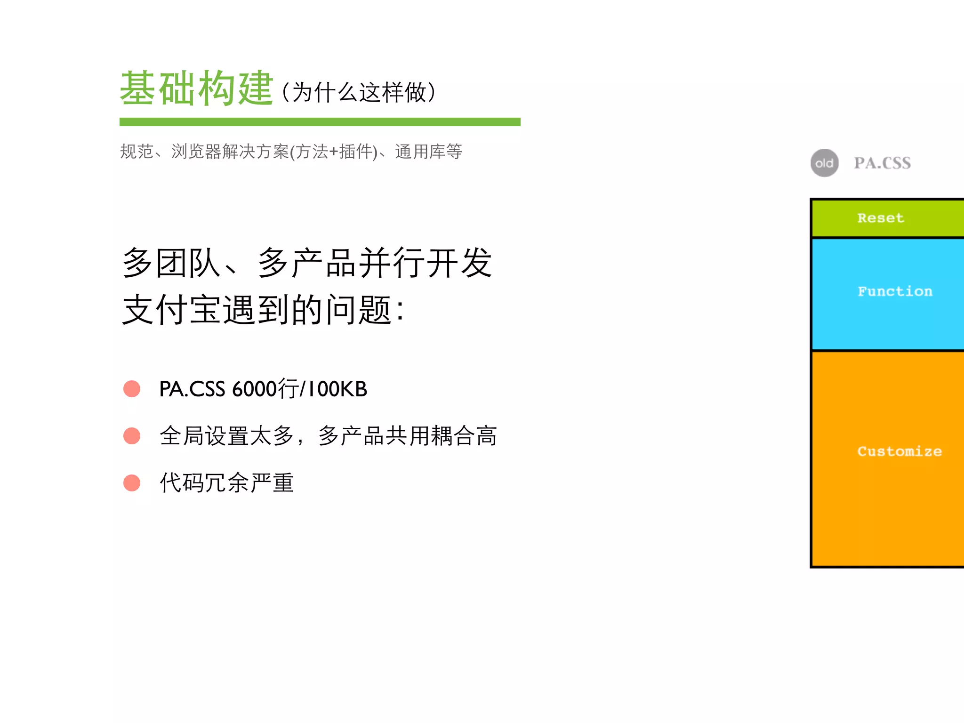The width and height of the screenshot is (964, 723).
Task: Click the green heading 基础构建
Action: pyautogui.click(x=196, y=88)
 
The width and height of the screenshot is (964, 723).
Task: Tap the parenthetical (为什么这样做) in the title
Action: pyautogui.click(x=359, y=92)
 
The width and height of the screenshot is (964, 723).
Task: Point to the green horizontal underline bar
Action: pyautogui.click(x=320, y=122)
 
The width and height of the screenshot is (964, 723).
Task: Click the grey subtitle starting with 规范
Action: pyautogui.click(x=291, y=152)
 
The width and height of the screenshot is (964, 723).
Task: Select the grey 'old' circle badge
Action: pyautogui.click(x=824, y=163)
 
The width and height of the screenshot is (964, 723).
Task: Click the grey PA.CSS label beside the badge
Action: pyautogui.click(x=882, y=163)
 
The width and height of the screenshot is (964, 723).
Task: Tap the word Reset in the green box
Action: pyautogui.click(x=880, y=218)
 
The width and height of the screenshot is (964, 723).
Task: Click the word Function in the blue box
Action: pyautogui.click(x=895, y=291)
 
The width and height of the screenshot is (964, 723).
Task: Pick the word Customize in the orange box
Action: pyautogui.click(x=899, y=451)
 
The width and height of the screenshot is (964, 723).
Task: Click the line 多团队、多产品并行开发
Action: pyautogui.click(x=307, y=263)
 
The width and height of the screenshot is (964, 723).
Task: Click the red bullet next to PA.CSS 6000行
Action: pyautogui.click(x=132, y=389)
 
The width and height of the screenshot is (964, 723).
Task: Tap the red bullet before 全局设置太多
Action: pyautogui.click(x=132, y=436)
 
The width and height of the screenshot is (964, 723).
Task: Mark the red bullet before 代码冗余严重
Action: pyautogui.click(x=132, y=483)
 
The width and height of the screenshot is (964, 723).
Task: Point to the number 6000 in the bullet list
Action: pyautogui.click(x=255, y=389)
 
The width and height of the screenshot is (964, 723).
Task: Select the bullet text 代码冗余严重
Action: pyautogui.click(x=227, y=483)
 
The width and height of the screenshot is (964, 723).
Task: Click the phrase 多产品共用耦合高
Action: pyautogui.click(x=408, y=436)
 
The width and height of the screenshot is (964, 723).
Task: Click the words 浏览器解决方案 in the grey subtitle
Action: pyautogui.click(x=230, y=152)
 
